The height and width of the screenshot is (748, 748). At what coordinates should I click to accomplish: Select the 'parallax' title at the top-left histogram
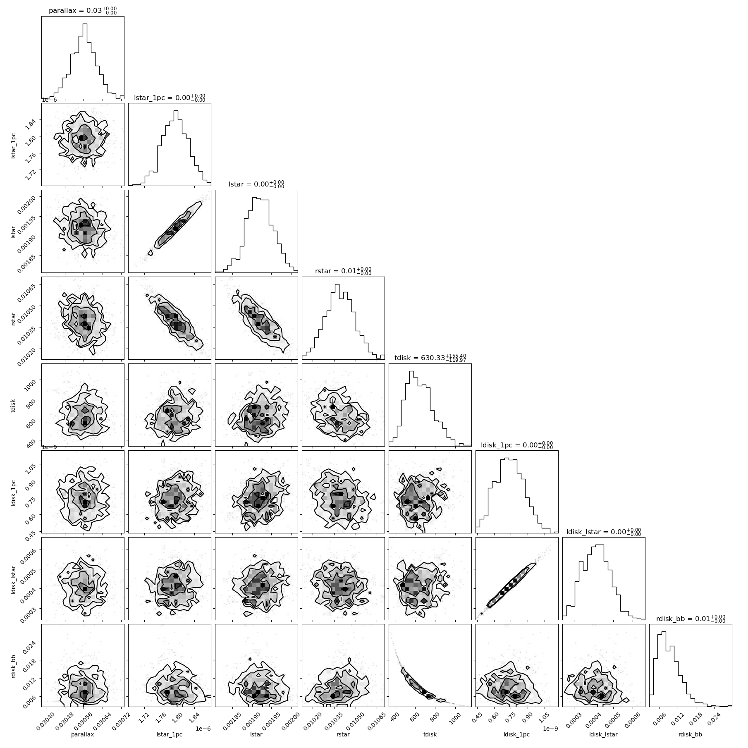[62, 11]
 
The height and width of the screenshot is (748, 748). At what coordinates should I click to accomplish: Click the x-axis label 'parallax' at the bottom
[83, 734]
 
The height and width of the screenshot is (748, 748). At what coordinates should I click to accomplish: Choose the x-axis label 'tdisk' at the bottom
[430, 734]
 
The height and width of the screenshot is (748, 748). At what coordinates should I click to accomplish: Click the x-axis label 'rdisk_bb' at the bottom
[691, 734]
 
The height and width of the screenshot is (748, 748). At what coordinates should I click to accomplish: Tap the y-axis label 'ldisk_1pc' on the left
[14, 492]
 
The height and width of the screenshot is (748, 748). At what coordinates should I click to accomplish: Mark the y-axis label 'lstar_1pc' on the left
[14, 144]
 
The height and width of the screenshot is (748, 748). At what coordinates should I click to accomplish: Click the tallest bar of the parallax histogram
[85, 61]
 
